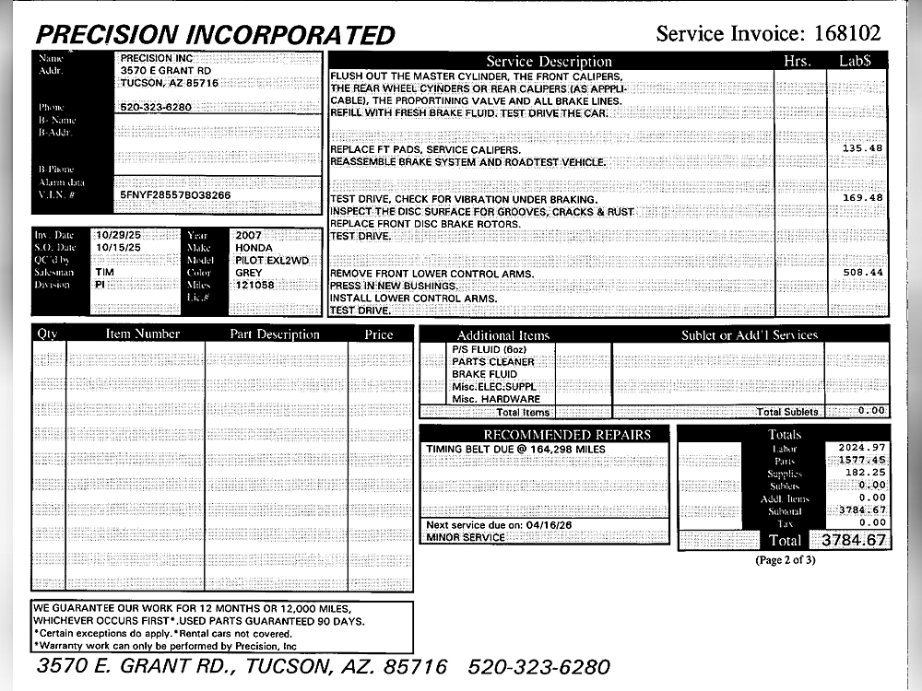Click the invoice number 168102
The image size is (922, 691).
tap(846, 34)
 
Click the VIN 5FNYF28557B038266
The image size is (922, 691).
tap(175, 195)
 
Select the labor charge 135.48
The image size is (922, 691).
tap(862, 148)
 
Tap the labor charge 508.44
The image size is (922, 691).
tap(862, 273)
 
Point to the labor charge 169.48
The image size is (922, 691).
tap(862, 198)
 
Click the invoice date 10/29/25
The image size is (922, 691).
tap(118, 236)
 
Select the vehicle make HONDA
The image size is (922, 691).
tap(254, 248)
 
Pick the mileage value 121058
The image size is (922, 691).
tap(255, 286)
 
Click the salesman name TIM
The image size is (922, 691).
tap(104, 273)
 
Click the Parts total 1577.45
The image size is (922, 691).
tap(861, 460)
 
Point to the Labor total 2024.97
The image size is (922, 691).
tap(861, 447)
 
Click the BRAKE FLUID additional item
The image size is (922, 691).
tap(484, 375)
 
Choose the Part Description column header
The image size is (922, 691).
tap(275, 334)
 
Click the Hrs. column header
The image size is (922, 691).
tap(797, 61)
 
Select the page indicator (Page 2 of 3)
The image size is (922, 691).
tap(786, 560)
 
